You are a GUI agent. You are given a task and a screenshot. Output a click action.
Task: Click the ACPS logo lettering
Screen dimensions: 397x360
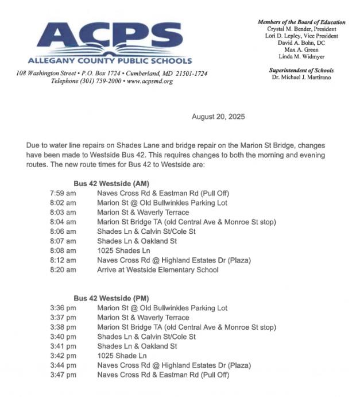coord(110,37)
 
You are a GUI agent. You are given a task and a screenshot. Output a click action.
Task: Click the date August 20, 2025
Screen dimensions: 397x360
coord(218,117)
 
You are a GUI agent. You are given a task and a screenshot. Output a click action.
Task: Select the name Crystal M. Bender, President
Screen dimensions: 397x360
coord(301,29)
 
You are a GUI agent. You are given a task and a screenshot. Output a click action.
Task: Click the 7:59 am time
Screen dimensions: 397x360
coord(63,193)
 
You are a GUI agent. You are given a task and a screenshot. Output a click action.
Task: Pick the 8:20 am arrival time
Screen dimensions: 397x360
coord(63,269)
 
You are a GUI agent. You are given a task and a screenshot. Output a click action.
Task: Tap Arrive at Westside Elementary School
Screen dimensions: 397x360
coord(157,269)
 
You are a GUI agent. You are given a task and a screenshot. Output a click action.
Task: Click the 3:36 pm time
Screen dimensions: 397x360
coord(63,308)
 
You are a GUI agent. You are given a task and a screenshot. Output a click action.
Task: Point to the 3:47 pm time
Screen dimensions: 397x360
coord(63,375)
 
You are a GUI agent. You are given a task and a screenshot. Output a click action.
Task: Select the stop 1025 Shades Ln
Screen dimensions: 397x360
coord(123,250)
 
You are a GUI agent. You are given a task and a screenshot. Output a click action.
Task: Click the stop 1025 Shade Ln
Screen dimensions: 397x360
coord(122,356)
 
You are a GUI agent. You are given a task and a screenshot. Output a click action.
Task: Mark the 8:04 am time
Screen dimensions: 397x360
coord(63,222)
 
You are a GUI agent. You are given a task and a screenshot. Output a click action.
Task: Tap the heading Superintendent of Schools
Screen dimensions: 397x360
coord(301,70)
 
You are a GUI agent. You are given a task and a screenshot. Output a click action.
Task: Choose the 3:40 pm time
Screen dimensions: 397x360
coord(63,337)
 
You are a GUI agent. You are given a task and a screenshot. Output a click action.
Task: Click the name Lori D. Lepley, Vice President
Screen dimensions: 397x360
coord(301,35)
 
